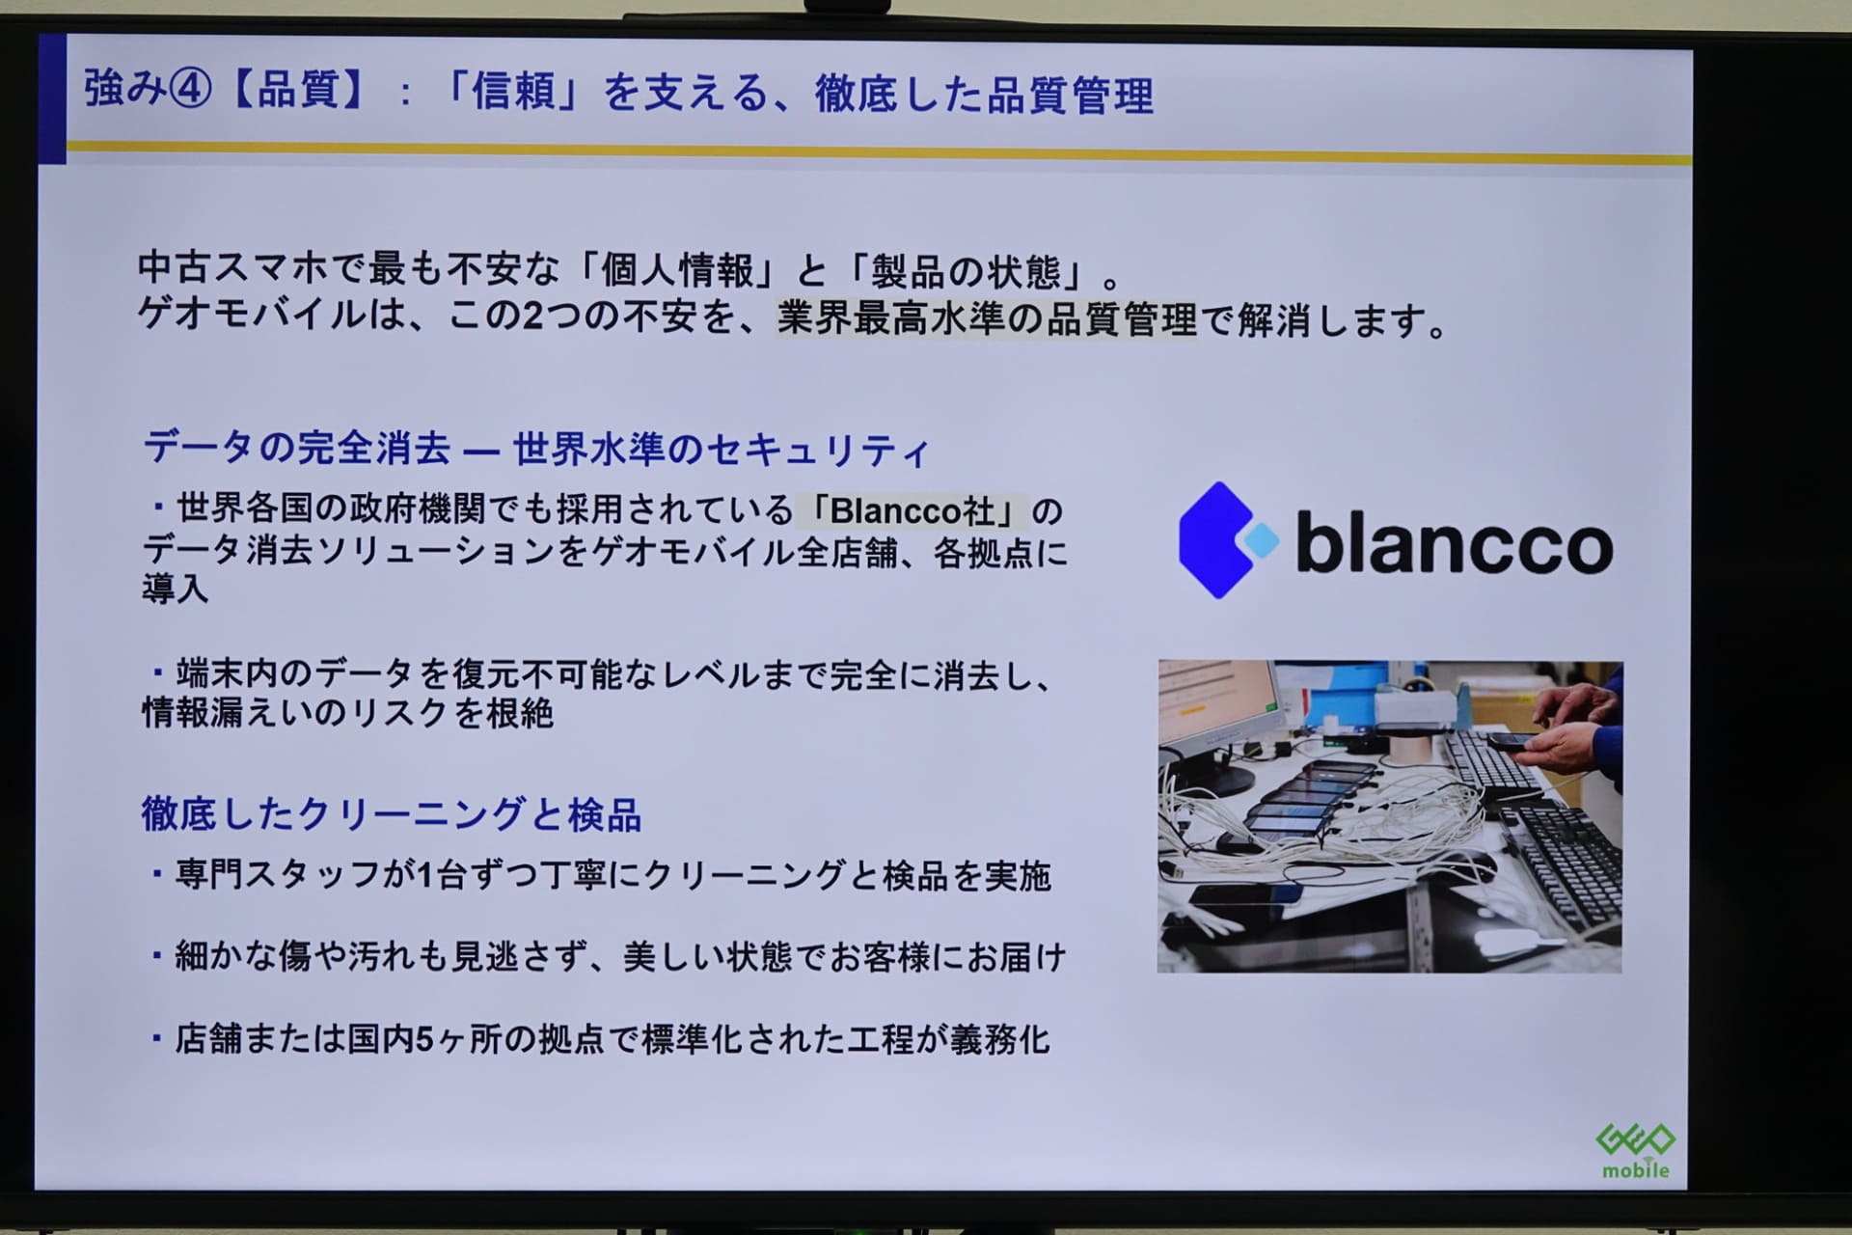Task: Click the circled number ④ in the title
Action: click(x=190, y=90)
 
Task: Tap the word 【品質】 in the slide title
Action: click(x=298, y=91)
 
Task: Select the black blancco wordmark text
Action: click(x=1454, y=541)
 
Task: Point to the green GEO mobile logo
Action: click(x=1635, y=1150)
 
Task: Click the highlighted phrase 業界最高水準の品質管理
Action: click(x=987, y=318)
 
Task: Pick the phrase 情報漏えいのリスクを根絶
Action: click(x=348, y=713)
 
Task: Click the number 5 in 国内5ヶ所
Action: click(x=424, y=1039)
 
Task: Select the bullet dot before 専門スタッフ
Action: click(x=156, y=874)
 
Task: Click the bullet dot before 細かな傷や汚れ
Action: click(x=156, y=955)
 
